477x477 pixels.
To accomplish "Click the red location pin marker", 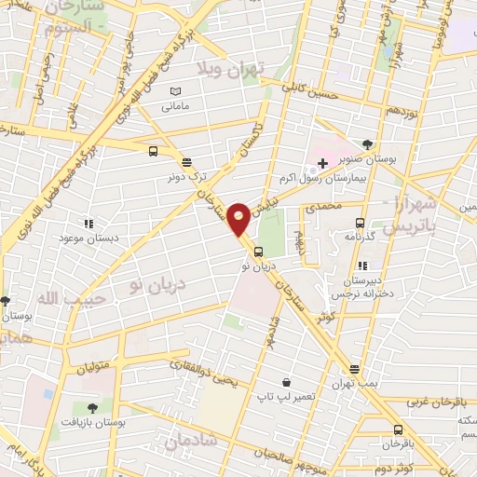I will (x=238, y=218).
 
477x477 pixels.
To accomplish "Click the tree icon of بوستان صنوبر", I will (x=368, y=143).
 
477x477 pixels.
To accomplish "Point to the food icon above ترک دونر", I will (x=186, y=160).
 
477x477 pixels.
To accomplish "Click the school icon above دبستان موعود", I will (x=89, y=224).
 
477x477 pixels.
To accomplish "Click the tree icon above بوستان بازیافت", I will (x=92, y=407).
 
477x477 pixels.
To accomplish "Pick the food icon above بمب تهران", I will (x=354, y=369).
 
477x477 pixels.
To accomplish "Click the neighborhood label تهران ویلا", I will (x=232, y=67).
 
